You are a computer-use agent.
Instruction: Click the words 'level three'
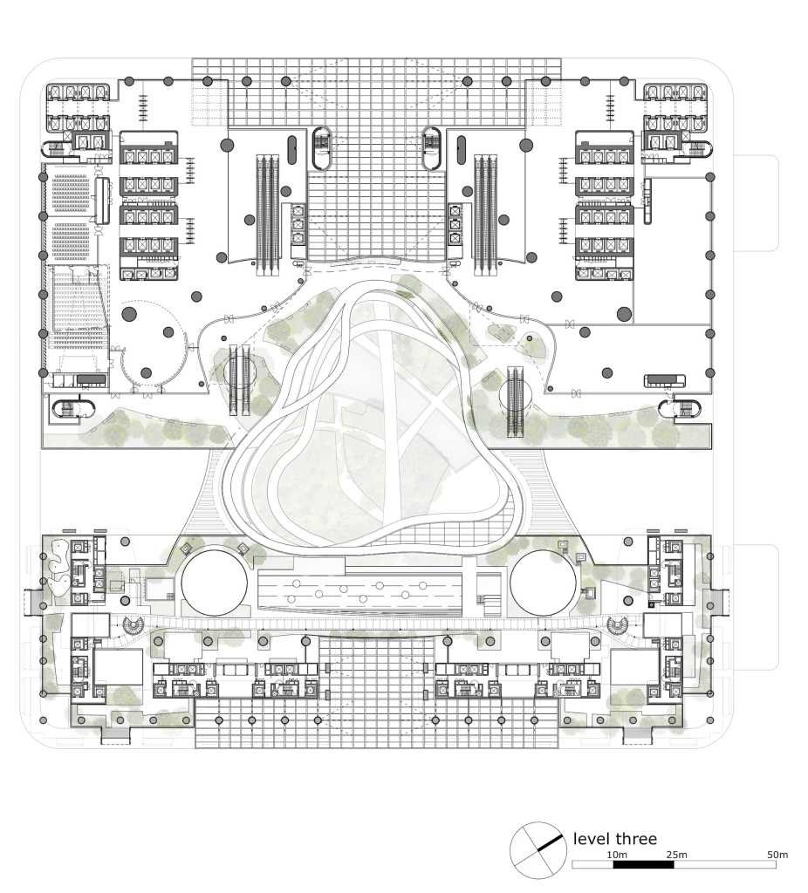click(615, 838)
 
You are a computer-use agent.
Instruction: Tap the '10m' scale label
click(617, 855)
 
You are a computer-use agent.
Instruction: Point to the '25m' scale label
click(676, 855)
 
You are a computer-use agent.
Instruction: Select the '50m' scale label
click(777, 855)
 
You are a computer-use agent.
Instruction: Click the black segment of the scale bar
click(643, 864)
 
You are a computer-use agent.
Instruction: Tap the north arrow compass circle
click(538, 851)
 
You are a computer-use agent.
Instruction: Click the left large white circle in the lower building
click(215, 582)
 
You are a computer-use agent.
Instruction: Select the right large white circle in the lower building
click(543, 582)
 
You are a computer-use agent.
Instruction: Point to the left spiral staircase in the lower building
click(134, 626)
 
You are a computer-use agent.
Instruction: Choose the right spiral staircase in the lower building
click(617, 626)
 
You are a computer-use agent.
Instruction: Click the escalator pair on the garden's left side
click(240, 378)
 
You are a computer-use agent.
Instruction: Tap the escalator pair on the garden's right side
click(515, 401)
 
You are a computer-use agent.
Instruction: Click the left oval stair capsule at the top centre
click(323, 148)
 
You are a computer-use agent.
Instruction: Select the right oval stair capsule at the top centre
click(431, 148)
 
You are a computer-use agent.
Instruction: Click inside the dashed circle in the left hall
click(153, 344)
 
